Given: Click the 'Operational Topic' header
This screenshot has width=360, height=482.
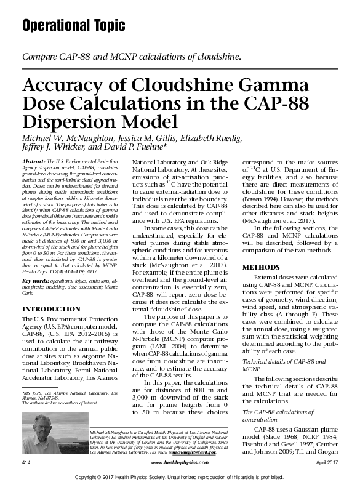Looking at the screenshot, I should point(73,25).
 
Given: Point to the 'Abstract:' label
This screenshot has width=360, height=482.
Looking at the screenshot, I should point(34,161).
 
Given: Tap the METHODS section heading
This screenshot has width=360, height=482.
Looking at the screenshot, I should point(262,267).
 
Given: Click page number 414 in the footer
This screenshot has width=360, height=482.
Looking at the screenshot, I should point(26,462).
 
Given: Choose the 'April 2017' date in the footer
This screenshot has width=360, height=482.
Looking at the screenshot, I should point(326,462).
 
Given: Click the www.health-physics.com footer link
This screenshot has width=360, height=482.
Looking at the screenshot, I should point(179,462).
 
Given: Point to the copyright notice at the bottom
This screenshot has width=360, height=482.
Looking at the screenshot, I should point(180,476).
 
